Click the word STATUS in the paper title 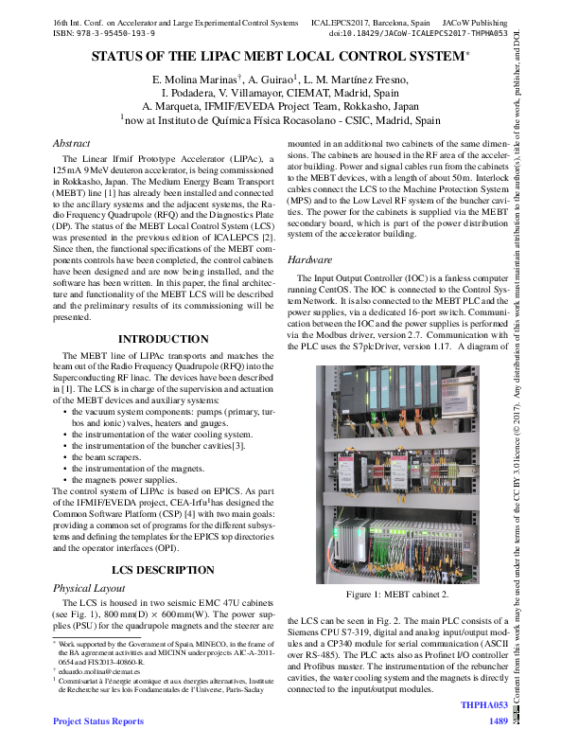[120, 57]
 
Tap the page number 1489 [499, 721]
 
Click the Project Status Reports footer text [98, 721]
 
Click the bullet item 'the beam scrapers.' [112, 457]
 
